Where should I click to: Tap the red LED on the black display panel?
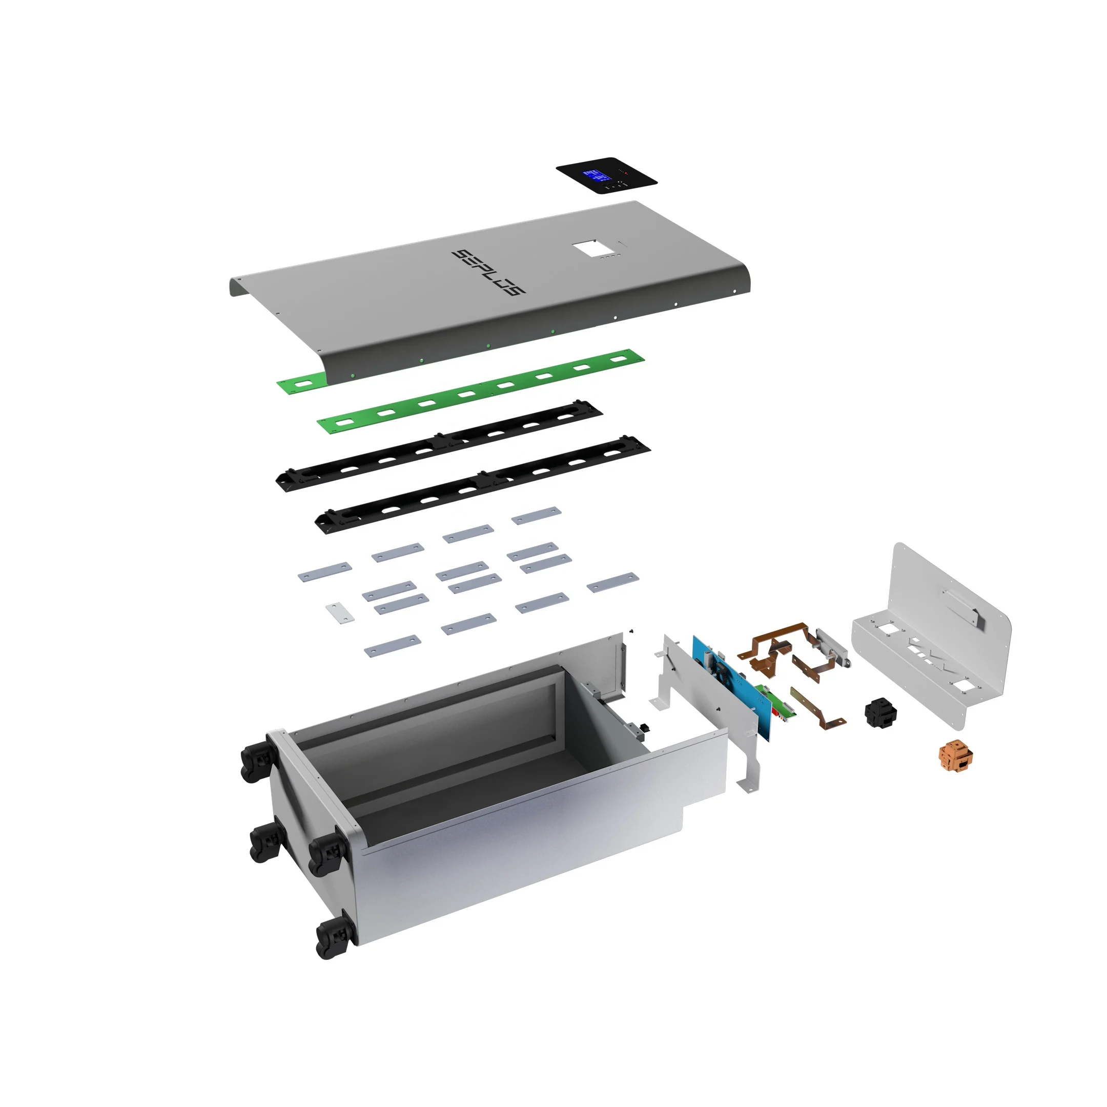pyautogui.click(x=626, y=172)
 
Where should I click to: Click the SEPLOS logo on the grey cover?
pyautogui.click(x=488, y=272)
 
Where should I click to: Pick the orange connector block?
pyautogui.click(x=956, y=755)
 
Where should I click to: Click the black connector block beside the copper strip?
pyautogui.click(x=880, y=712)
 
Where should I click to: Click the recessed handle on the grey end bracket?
pyautogui.click(x=962, y=607)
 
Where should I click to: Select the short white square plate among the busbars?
pyautogui.click(x=340, y=613)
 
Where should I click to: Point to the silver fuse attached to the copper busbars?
pyautogui.click(x=832, y=646)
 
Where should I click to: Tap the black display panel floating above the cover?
pyautogui.click(x=607, y=175)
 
